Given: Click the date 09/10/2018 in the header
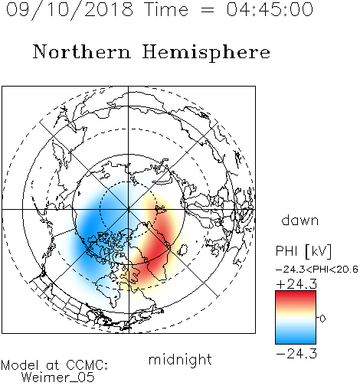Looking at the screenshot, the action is click(70, 9).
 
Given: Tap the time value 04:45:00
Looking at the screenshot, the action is click(270, 9).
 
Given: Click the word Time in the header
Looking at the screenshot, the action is click(166, 9).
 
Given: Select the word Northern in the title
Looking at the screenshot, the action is click(82, 51).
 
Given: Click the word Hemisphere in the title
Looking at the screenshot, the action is click(206, 53).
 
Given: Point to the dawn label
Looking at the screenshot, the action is click(300, 220).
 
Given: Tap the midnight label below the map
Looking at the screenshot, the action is click(180, 359).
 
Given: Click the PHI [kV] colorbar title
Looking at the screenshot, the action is click(303, 251).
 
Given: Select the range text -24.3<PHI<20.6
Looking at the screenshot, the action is click(317, 270).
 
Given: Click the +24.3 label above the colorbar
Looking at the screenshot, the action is click(296, 284).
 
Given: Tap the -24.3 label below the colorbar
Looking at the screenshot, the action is click(296, 354).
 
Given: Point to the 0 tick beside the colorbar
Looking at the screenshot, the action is click(322, 319).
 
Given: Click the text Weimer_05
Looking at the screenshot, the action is click(58, 378).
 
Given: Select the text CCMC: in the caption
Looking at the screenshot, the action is click(87, 365).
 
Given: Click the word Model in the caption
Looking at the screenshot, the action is click(20, 365).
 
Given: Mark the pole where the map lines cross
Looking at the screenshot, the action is click(129, 209).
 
